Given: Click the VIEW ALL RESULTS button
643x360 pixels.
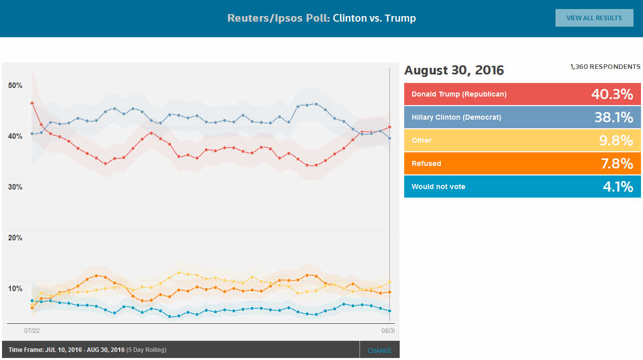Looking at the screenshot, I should tap(594, 18).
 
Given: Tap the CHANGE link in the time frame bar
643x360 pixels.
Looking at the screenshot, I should tap(380, 350).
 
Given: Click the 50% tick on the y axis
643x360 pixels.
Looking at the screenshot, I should tap(16, 85).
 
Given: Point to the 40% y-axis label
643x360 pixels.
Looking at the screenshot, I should tap(16, 136).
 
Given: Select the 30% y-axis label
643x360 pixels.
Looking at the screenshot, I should tap(16, 187).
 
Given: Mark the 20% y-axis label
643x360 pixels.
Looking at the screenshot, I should tap(16, 238).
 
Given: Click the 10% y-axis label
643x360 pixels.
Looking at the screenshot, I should tap(16, 289).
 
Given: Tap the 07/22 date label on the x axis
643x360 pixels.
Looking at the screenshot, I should tap(32, 331).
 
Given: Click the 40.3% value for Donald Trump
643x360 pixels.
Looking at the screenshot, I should tap(612, 94).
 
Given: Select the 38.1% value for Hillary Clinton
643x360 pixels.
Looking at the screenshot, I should tap(613, 117).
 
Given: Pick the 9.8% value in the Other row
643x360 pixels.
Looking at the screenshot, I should tap(616, 140).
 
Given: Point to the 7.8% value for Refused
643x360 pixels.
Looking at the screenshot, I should tap(616, 163).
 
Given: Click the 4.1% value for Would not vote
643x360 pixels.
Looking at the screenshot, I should tap(618, 187).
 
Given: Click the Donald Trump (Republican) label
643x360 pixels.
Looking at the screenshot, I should tap(459, 94).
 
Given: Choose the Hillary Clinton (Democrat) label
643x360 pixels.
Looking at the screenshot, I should tap(456, 117).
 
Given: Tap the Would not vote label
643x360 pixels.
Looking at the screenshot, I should tap(438, 187).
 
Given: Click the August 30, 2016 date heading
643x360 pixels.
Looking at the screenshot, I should tap(454, 70).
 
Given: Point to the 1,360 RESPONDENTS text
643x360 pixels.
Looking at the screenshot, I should tap(605, 66).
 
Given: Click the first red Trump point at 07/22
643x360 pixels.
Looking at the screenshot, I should tap(32, 103).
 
